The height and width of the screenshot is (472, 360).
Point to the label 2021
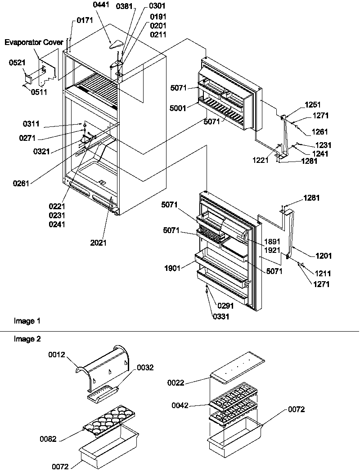click(99, 243)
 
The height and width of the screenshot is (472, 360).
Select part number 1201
click(324, 256)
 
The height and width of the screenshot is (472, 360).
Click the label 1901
click(172, 269)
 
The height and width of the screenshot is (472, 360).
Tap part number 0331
click(221, 316)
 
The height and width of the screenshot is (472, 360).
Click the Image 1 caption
click(27, 321)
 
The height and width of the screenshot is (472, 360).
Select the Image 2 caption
click(27, 339)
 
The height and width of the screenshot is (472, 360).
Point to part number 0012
click(57, 355)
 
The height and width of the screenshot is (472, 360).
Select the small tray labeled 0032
click(102, 394)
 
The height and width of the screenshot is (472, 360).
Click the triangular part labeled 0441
click(116, 44)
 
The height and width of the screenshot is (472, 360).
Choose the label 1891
click(272, 242)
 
